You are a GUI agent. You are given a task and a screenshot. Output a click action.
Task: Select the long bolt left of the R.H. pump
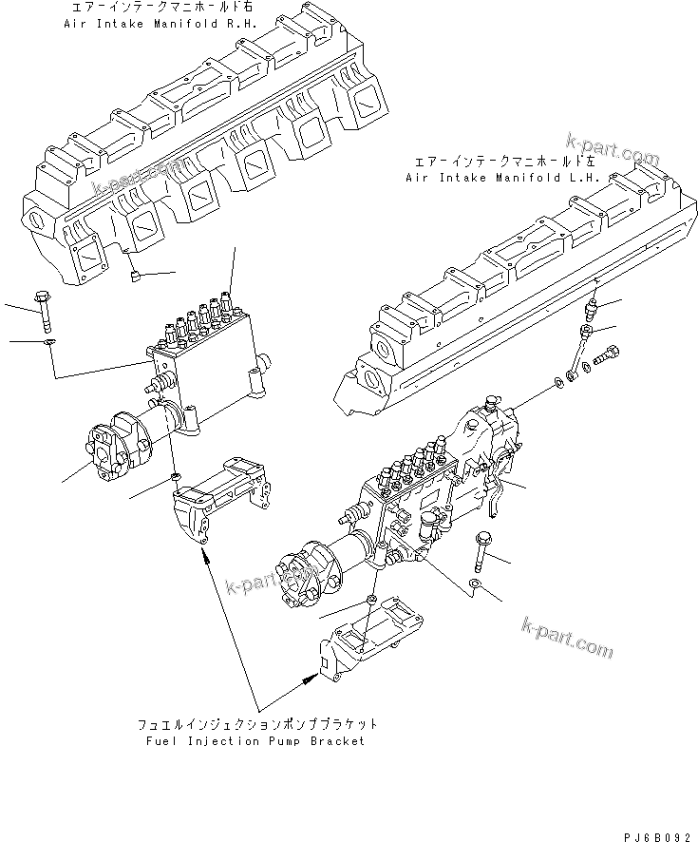pyautogui.click(x=44, y=303)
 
